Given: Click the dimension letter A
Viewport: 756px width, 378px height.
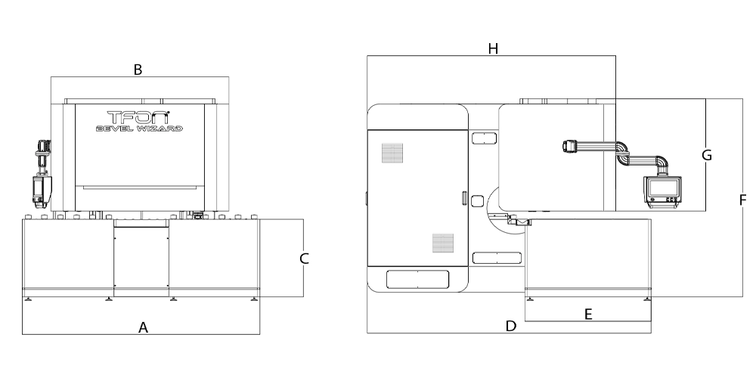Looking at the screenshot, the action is click(x=143, y=328).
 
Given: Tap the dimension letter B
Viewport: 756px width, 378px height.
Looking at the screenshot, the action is click(x=138, y=70).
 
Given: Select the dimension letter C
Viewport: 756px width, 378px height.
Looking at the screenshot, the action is click(x=304, y=259).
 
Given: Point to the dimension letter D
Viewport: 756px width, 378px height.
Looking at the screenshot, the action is click(x=511, y=327).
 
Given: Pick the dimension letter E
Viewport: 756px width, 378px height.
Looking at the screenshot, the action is click(x=588, y=314).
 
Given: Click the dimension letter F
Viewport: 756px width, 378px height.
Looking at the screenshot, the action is click(x=742, y=200).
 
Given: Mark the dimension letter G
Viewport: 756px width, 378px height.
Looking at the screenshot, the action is click(x=707, y=155).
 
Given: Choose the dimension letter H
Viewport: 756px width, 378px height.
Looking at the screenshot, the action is click(x=493, y=48).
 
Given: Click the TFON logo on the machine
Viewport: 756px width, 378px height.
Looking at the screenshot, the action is click(x=138, y=117).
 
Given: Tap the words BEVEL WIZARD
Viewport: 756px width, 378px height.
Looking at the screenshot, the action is click(x=139, y=129).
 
